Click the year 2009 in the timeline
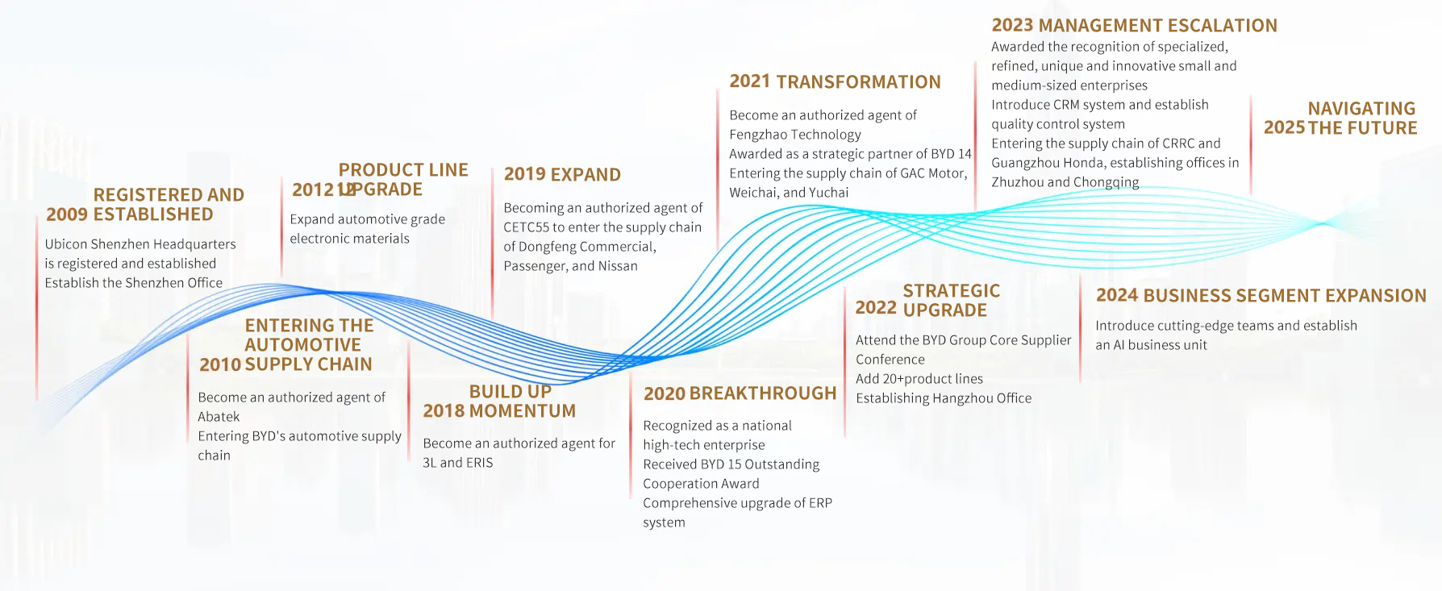pyautogui.click(x=67, y=214)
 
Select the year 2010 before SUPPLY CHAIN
pyautogui.click(x=220, y=364)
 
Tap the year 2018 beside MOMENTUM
pyautogui.click(x=444, y=411)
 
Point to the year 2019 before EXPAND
pyautogui.click(x=525, y=175)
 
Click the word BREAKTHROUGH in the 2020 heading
pyautogui.click(x=763, y=393)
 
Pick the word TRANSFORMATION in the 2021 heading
pyautogui.click(x=858, y=82)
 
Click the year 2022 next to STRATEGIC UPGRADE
pyautogui.click(x=876, y=307)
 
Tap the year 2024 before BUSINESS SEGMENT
pyautogui.click(x=1117, y=296)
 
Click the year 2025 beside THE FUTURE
pyautogui.click(x=1285, y=128)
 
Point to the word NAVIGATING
pyautogui.click(x=1361, y=109)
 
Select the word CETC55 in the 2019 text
pyautogui.click(x=526, y=227)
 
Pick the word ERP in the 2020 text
pyautogui.click(x=820, y=503)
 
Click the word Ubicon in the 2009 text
pyautogui.click(x=65, y=244)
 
